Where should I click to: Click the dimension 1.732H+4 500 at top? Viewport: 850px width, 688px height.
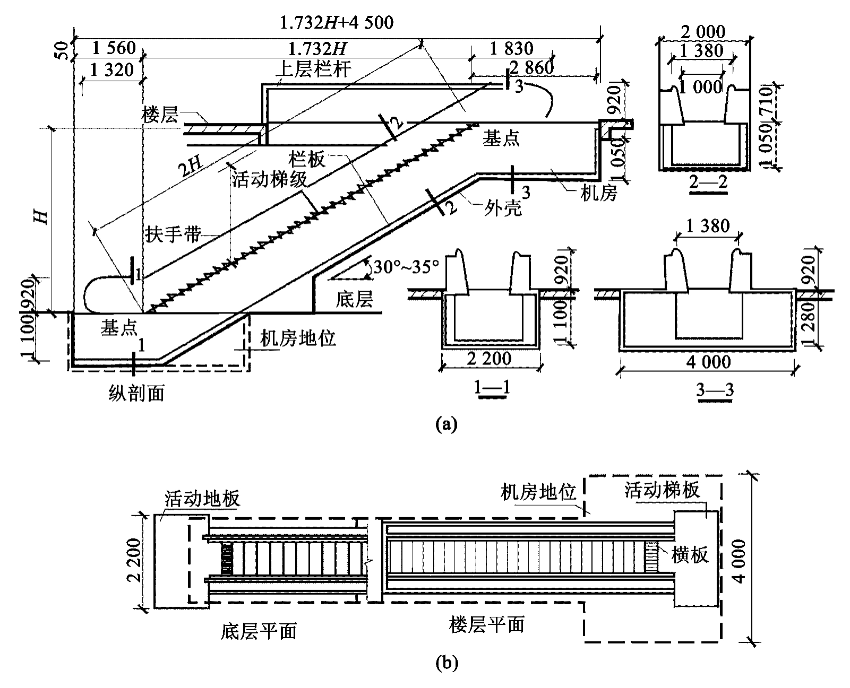point(337,22)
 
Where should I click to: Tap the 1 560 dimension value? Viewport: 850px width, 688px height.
point(114,48)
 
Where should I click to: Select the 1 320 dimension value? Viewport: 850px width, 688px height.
point(111,69)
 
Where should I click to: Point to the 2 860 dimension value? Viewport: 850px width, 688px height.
point(531,67)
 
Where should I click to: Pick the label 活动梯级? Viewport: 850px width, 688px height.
point(269,180)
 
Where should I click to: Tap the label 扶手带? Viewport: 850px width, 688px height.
point(173,234)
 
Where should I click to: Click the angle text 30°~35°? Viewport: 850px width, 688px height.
point(406,266)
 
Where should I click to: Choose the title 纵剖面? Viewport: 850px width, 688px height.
point(136,393)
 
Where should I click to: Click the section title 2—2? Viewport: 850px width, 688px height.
point(708,183)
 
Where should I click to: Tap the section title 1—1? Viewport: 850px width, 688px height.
point(492,389)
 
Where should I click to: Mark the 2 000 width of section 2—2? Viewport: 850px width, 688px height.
point(703,32)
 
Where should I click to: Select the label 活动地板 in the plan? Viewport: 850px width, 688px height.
point(202,498)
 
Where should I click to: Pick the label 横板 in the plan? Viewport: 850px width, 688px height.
point(690,555)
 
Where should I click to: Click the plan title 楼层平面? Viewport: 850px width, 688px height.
point(486,624)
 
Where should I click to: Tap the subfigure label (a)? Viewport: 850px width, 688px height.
point(445,424)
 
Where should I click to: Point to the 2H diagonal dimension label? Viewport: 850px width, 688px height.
point(190,169)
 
